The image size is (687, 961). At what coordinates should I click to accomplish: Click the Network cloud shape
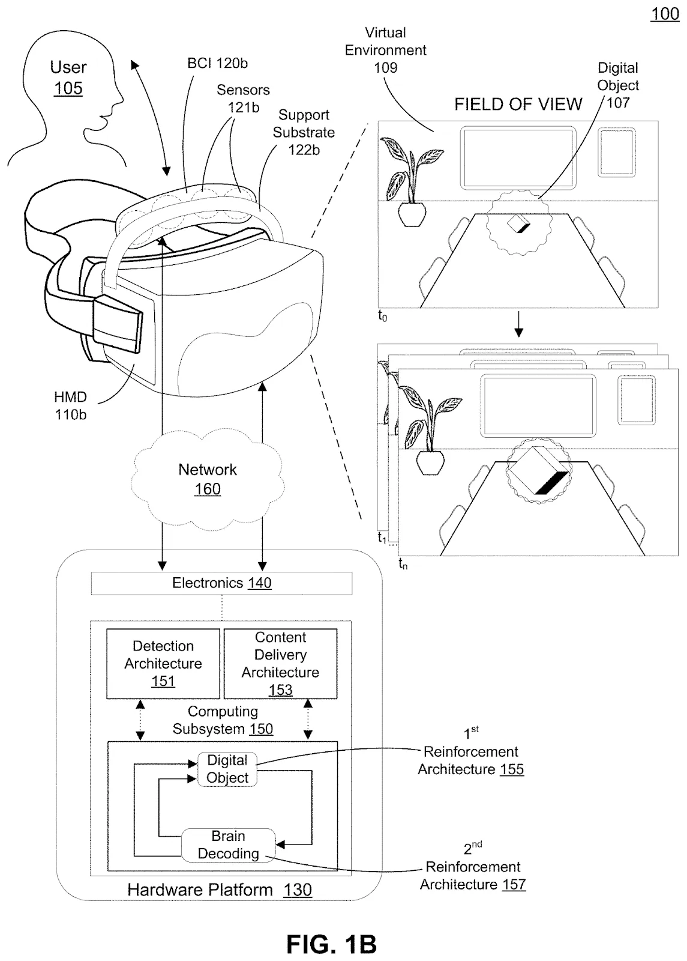pos(207,479)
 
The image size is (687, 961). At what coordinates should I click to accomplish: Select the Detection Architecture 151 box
pos(163,663)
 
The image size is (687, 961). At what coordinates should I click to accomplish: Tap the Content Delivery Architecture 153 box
pos(280,663)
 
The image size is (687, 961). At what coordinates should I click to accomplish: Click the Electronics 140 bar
pos(221,583)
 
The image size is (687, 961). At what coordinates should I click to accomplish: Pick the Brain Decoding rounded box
pos(228,844)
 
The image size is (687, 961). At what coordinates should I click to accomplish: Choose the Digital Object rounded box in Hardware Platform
pos(227,769)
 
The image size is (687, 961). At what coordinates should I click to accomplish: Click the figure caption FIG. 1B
pos(331,944)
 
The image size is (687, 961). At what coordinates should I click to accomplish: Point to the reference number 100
pos(665,14)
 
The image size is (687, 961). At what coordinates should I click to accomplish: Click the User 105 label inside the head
pos(68,77)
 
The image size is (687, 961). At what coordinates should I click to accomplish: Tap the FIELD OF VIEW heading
pos(518,105)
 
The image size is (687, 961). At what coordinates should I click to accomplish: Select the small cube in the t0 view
pos(518,225)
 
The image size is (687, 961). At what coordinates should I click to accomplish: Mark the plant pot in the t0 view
pos(412,214)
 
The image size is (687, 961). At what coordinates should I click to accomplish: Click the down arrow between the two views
pos(520,328)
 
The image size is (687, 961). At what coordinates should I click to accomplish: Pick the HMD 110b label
pos(70,405)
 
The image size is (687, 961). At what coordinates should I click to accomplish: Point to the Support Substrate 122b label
pos(304,132)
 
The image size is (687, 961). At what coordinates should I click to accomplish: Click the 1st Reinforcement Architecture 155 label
pos(470,760)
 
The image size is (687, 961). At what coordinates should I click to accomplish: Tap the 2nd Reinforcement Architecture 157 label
pos(473,875)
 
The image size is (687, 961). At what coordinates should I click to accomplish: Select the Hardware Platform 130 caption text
pos(219,890)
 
